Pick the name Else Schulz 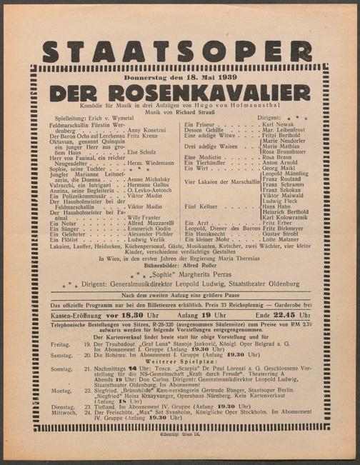pos(141,152)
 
